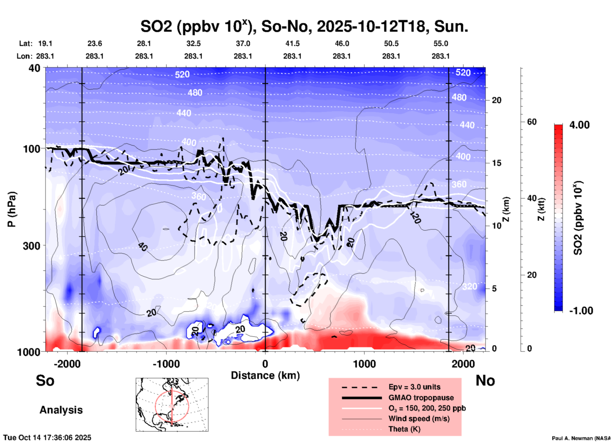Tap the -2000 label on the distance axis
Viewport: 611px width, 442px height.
pyautogui.click(x=67, y=364)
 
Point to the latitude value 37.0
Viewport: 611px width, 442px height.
pyautogui.click(x=243, y=43)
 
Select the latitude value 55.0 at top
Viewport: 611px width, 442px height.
pyautogui.click(x=440, y=43)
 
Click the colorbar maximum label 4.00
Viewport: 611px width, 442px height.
pyautogui.click(x=579, y=125)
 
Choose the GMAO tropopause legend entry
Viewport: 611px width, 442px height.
pyautogui.click(x=421, y=398)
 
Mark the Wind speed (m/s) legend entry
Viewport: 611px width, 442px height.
pyautogui.click(x=419, y=419)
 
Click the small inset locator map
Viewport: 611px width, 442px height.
pyautogui.click(x=172, y=405)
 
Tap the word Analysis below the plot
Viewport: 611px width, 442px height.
pyautogui.click(x=61, y=410)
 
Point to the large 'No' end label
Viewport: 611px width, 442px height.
pyautogui.click(x=485, y=380)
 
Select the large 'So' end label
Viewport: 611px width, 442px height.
pyautogui.click(x=45, y=380)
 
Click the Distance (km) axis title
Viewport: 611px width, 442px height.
pyautogui.click(x=265, y=375)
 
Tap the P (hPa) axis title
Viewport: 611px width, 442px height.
pyautogui.click(x=12, y=209)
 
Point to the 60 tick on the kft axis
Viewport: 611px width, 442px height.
pyautogui.click(x=532, y=122)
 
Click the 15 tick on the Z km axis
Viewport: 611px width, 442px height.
pyautogui.click(x=496, y=163)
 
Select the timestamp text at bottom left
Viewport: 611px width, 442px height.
pyautogui.click(x=47, y=438)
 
